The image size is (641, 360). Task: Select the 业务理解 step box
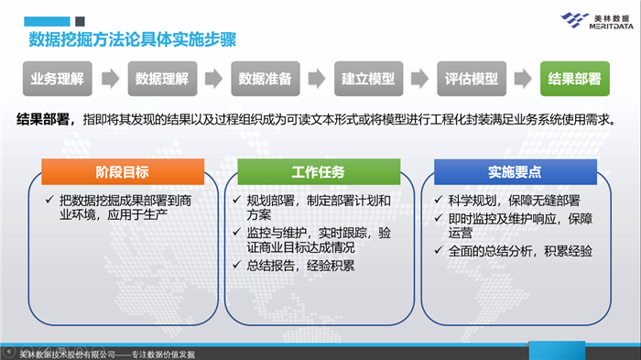point(57,79)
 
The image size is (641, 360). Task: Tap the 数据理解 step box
point(161,79)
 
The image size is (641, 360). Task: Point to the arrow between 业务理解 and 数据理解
point(109,79)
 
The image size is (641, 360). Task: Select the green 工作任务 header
point(318,171)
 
